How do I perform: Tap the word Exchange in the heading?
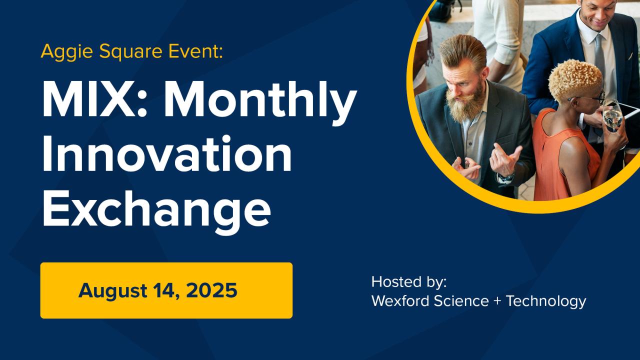(156, 211)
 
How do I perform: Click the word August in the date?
(113, 291)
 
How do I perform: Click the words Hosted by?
(409, 282)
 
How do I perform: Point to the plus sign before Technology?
(497, 301)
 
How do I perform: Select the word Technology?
(546, 301)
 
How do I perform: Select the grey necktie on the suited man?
(599, 57)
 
